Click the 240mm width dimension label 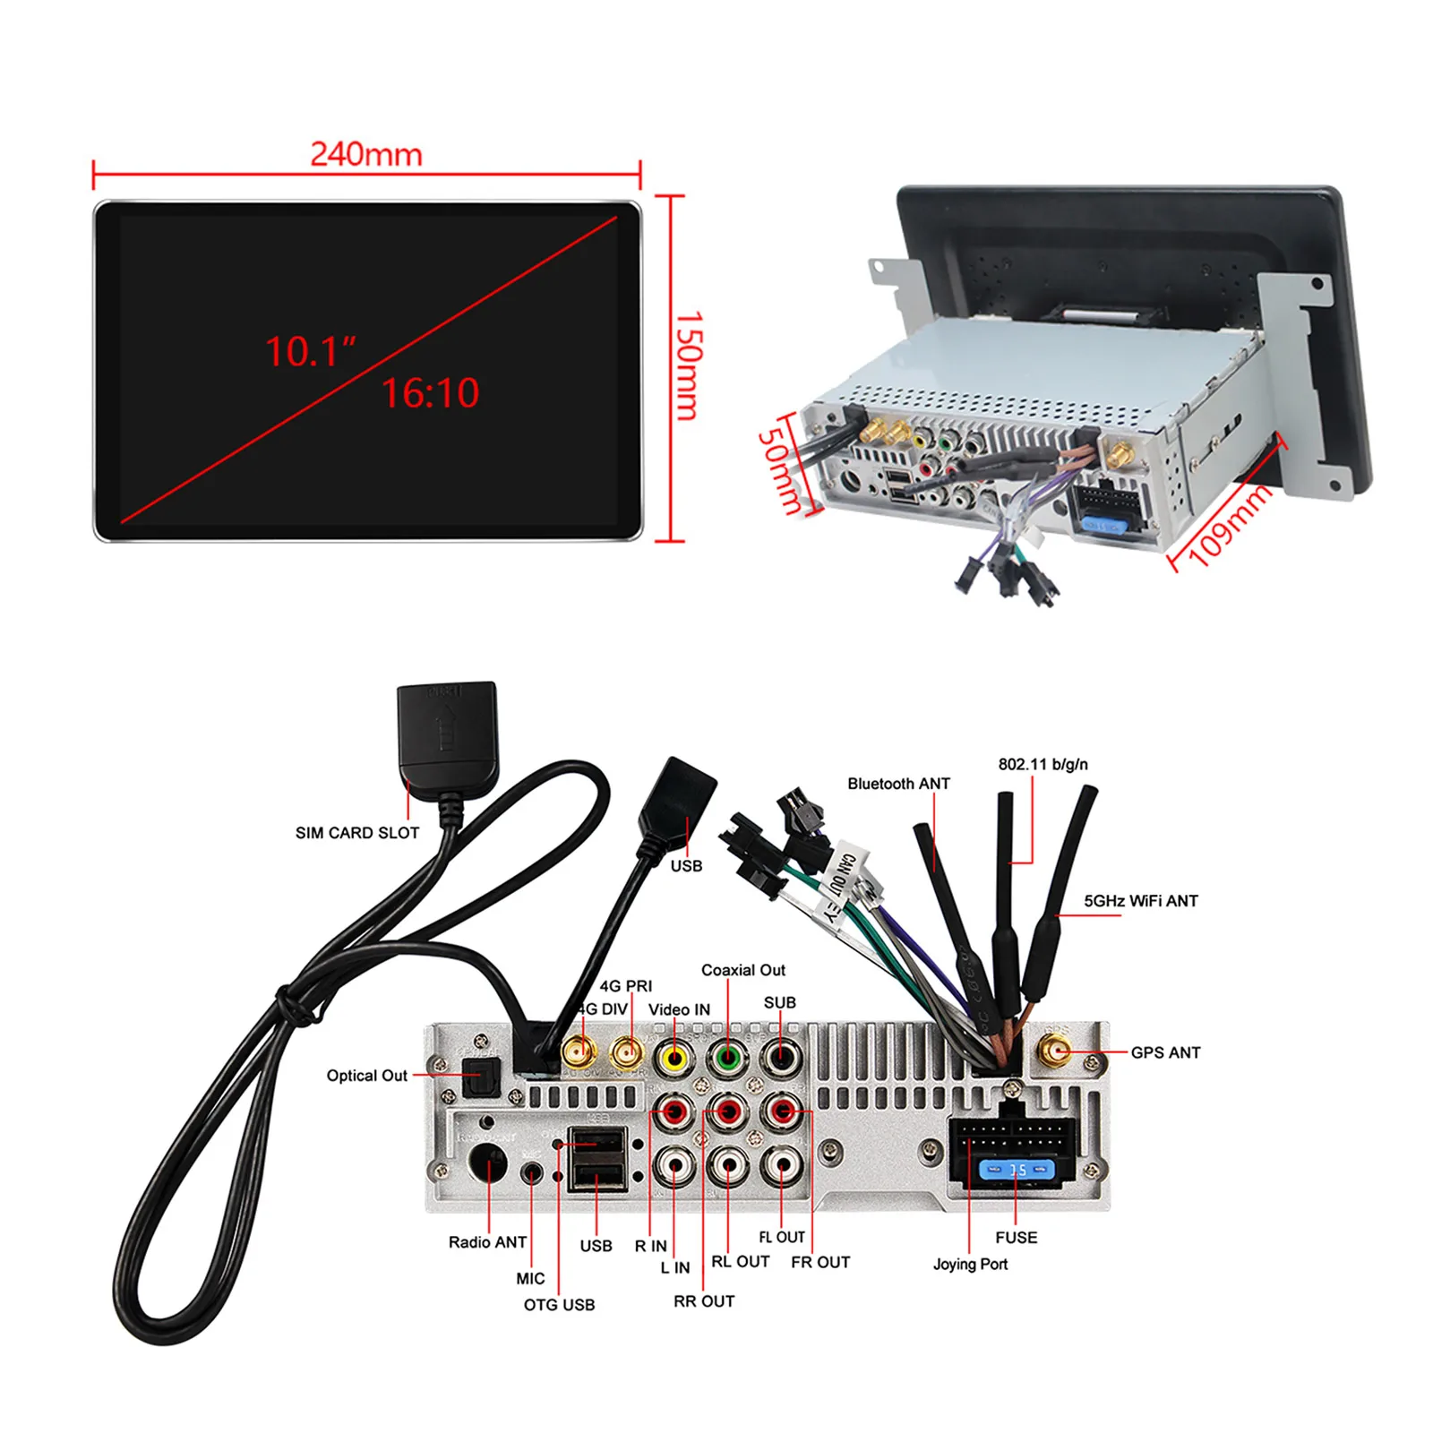[x=366, y=154]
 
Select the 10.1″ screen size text [x=310, y=352]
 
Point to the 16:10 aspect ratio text [x=431, y=392]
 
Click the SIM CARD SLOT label [x=357, y=833]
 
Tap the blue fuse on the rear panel [x=1017, y=1170]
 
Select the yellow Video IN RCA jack [x=674, y=1060]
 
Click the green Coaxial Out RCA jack [x=728, y=1059]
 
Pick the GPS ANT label [x=1165, y=1052]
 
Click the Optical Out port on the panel [x=479, y=1077]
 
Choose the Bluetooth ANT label [x=898, y=784]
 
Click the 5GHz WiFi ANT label [x=1140, y=901]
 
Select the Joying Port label [x=970, y=1264]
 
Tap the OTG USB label [x=559, y=1305]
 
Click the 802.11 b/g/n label [x=1043, y=764]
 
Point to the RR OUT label [x=704, y=1301]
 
